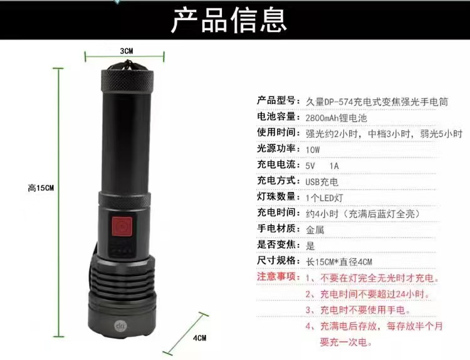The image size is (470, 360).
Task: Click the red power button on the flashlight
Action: [x=122, y=226]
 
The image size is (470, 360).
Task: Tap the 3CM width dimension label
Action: [x=127, y=51]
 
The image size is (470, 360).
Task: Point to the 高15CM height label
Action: [x=41, y=188]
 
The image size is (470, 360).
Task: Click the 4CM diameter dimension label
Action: [x=200, y=338]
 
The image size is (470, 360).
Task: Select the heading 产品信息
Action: [x=229, y=20]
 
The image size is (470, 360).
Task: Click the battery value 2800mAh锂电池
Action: [x=337, y=118]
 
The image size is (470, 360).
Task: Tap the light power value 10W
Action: [x=313, y=150]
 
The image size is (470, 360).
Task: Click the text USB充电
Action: [x=322, y=182]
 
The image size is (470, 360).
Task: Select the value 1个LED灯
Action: [x=325, y=198]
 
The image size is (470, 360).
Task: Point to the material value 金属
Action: [x=315, y=230]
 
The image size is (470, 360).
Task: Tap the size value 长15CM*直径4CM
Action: [x=338, y=262]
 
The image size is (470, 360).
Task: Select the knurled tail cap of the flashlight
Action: [x=127, y=80]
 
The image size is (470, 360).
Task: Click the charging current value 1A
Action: [x=334, y=166]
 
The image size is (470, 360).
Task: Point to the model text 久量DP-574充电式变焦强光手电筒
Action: [x=377, y=102]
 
